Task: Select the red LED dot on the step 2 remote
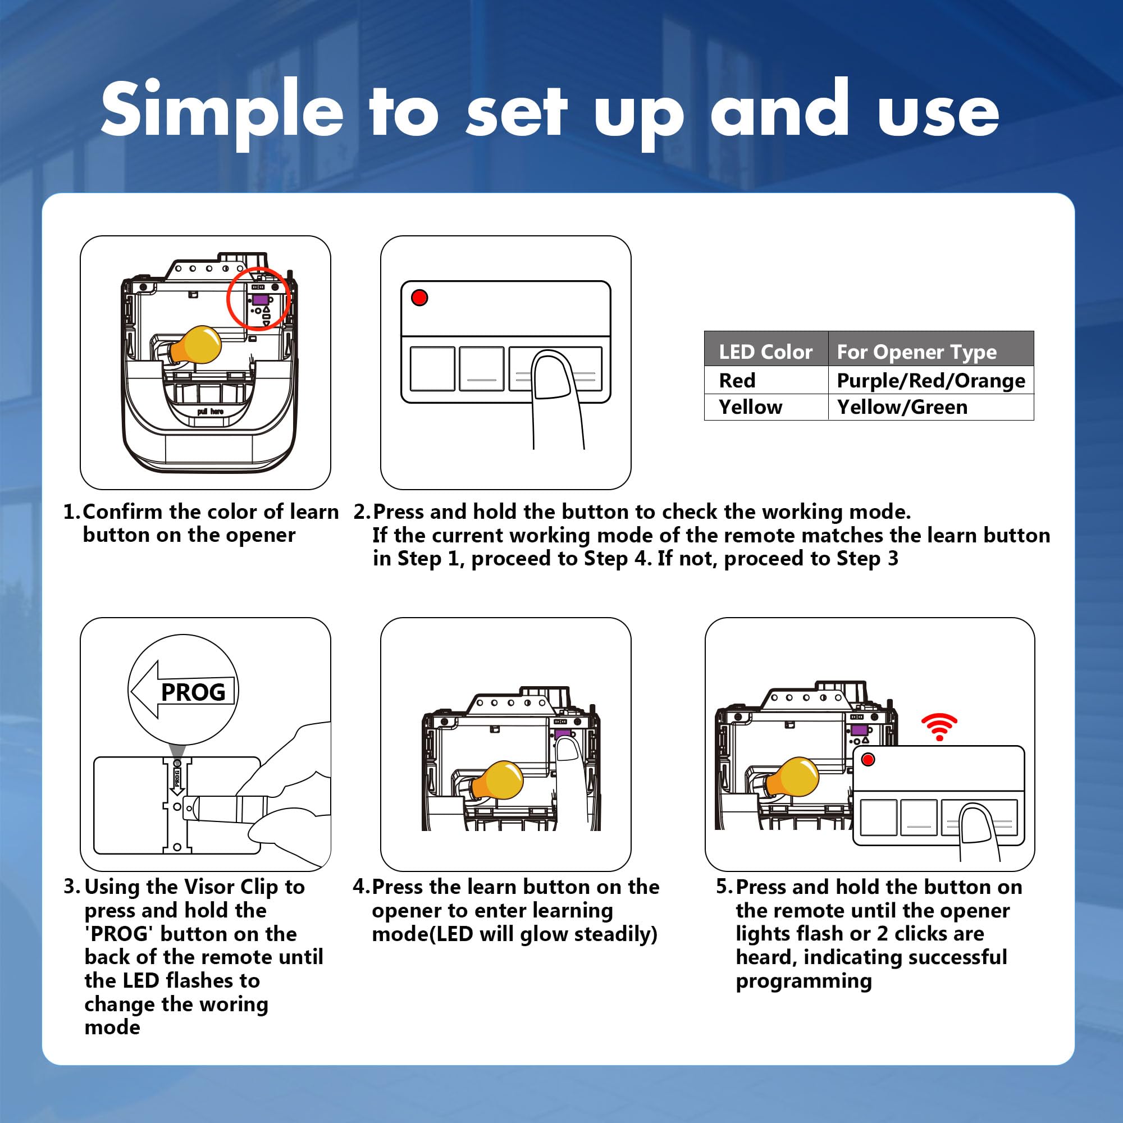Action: pyautogui.click(x=419, y=298)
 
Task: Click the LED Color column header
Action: pyautogui.click(x=765, y=351)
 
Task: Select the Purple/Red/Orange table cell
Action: pyautogui.click(x=930, y=380)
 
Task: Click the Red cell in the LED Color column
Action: pyautogui.click(x=737, y=380)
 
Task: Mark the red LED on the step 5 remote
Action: pyautogui.click(x=869, y=759)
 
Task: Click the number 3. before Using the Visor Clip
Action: pyautogui.click(x=72, y=887)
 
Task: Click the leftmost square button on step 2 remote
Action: pyautogui.click(x=432, y=369)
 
